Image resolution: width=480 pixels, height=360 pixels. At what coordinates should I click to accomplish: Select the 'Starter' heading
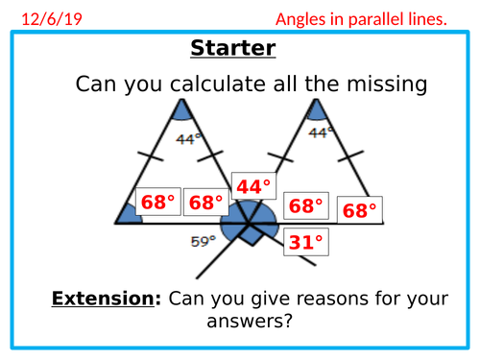(x=233, y=48)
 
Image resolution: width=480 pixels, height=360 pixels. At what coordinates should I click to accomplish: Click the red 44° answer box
(x=253, y=187)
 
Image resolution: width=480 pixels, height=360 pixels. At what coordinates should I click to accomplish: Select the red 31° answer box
(x=306, y=242)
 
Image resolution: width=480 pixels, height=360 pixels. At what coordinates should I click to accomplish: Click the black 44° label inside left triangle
(x=188, y=138)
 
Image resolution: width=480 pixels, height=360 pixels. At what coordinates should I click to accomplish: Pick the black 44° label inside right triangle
(x=324, y=132)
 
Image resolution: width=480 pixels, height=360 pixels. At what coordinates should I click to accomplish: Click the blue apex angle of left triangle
(x=181, y=112)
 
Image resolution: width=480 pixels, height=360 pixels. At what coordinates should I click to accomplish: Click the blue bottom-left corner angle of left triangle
(x=130, y=215)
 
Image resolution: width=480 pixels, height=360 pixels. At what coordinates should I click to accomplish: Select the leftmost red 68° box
(x=157, y=203)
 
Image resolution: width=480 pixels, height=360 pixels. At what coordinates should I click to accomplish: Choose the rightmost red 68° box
(x=359, y=210)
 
